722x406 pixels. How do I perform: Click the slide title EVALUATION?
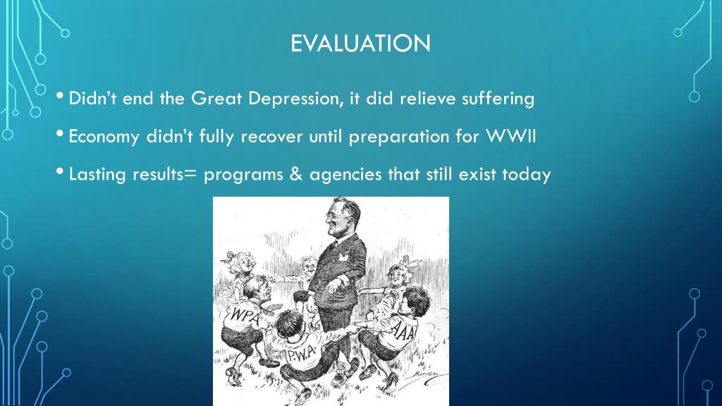tap(360, 44)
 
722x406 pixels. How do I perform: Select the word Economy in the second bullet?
tap(104, 137)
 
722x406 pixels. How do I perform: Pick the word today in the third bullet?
tap(525, 175)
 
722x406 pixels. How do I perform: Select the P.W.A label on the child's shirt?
tap(301, 355)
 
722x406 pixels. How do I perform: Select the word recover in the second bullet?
tap(272, 137)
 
